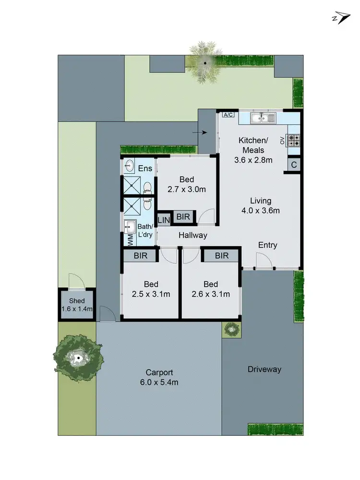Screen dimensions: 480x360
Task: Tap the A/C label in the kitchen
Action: [x=228, y=115]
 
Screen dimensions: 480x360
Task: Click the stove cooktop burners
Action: [x=294, y=140]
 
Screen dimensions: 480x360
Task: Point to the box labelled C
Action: [x=293, y=165]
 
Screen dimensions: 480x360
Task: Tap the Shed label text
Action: [x=77, y=301]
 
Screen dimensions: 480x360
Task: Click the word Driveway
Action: [x=264, y=369]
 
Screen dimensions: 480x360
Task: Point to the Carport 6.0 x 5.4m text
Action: [x=160, y=377]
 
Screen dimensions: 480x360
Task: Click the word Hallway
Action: [x=193, y=235]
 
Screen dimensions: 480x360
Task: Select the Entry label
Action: [x=267, y=245]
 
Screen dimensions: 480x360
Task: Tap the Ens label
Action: [x=145, y=168]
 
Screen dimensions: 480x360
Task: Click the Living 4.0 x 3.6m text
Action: [x=261, y=205]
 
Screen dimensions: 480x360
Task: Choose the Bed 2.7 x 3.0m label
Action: [x=187, y=184]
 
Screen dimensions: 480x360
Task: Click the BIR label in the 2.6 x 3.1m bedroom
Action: [x=222, y=255]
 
